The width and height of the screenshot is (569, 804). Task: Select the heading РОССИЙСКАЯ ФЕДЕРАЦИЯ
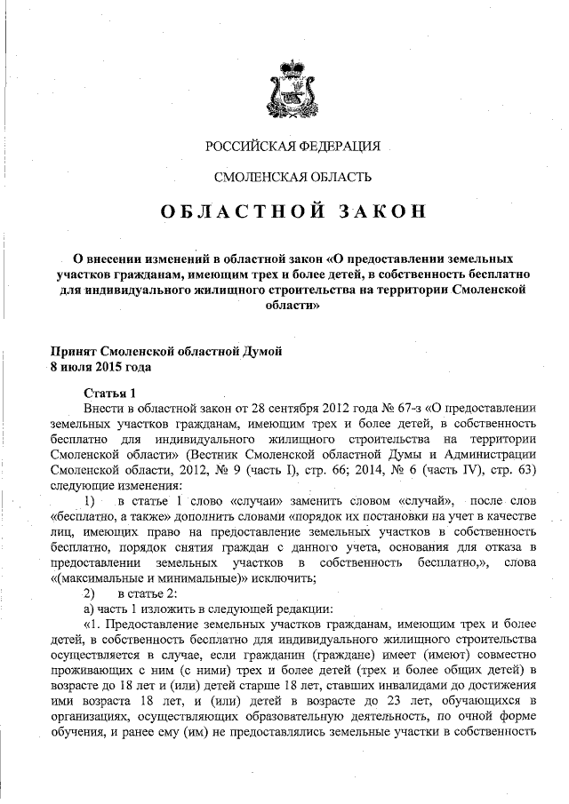point(293,145)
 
